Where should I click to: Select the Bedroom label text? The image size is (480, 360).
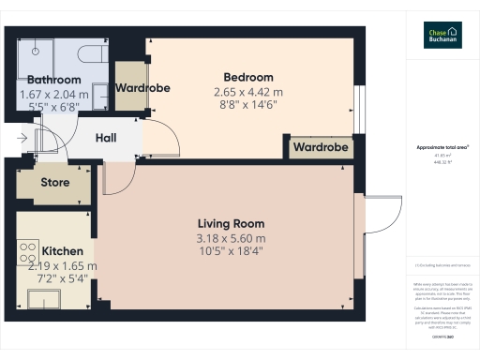247,77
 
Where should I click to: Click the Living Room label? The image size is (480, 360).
231,224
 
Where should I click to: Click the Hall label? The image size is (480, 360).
106,138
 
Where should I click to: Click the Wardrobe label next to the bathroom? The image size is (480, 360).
142,88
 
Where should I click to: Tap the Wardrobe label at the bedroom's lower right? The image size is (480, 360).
321,147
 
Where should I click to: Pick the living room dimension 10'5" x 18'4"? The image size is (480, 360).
231,254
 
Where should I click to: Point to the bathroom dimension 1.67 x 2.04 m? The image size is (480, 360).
54,95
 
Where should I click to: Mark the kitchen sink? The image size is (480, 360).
41,297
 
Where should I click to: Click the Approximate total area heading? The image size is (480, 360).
442,147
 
